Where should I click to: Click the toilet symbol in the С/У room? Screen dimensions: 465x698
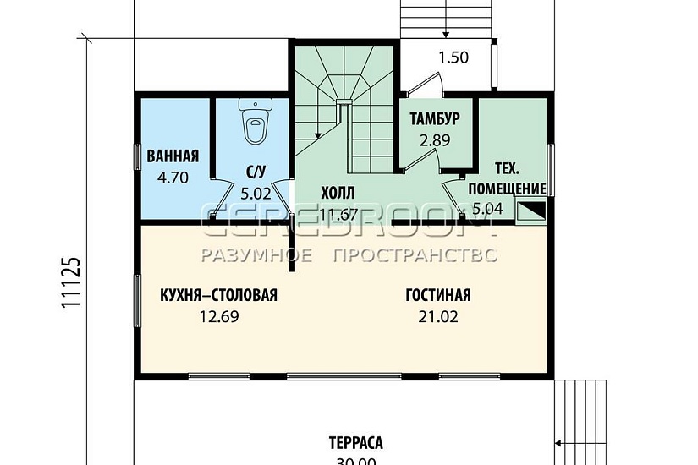tap(254, 122)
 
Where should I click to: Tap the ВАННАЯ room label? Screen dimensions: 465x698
tap(173, 156)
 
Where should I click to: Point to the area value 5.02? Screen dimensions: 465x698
tap(256, 194)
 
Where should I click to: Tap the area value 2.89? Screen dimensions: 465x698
tap(434, 139)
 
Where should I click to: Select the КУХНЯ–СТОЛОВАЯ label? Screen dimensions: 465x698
tap(218, 295)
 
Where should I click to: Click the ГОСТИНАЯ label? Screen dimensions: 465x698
tap(437, 295)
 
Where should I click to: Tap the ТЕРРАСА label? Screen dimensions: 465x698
tap(356, 443)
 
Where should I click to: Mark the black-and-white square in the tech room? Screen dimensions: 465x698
tap(531, 211)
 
